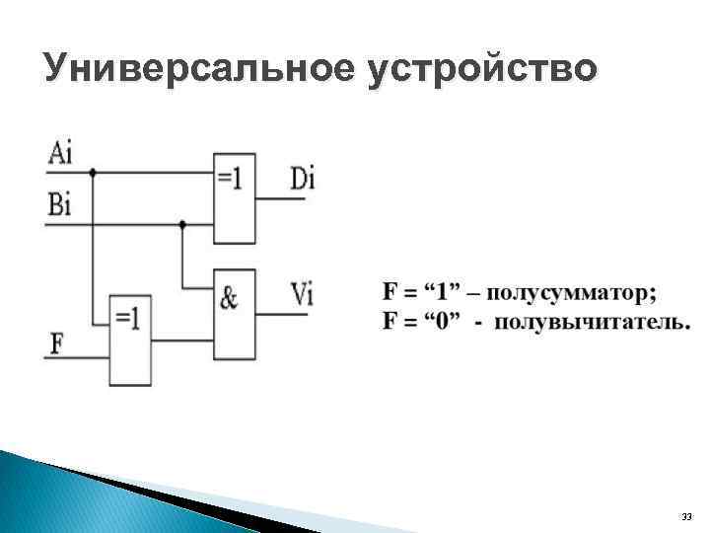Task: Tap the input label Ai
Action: click(60, 153)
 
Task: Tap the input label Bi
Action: click(59, 204)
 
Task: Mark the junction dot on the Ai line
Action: click(93, 173)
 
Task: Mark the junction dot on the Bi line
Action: click(182, 224)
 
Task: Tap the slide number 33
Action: click(686, 517)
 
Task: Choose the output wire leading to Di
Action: click(281, 199)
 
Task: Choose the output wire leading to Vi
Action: click(281, 315)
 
